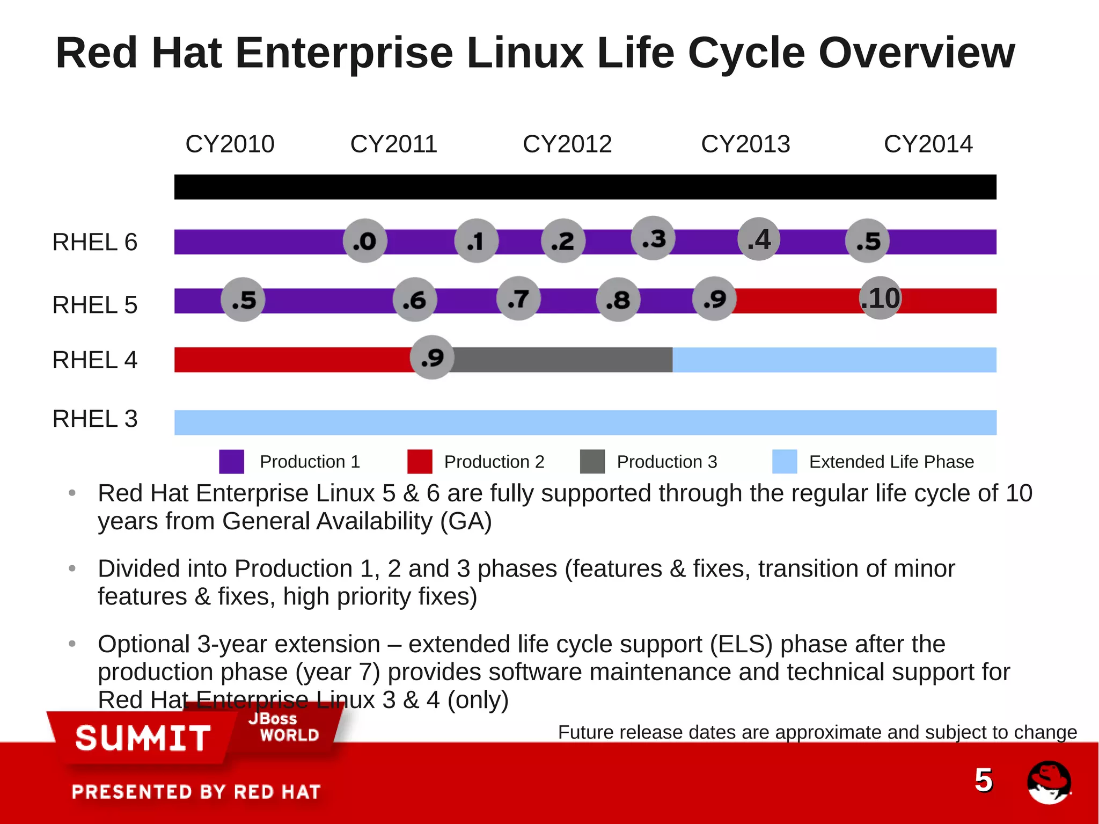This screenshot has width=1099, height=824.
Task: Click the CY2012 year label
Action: point(567,144)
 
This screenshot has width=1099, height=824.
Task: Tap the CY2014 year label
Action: point(928,144)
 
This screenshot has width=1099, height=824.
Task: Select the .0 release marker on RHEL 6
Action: point(365,241)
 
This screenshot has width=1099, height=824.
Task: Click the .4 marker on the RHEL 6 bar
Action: point(759,239)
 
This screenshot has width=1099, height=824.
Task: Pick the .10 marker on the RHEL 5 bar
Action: point(880,298)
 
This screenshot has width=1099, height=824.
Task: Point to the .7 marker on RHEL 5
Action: point(518,298)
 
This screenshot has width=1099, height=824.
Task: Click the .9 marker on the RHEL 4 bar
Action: point(432,358)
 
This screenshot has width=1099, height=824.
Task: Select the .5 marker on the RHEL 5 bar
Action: point(243,300)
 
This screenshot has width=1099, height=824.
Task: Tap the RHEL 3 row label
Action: point(95,419)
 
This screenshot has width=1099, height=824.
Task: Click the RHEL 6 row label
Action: point(95,242)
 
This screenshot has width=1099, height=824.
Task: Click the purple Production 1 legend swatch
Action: point(231,462)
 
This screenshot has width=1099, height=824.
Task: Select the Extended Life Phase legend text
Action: point(891,462)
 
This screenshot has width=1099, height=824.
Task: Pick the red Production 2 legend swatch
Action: point(420,462)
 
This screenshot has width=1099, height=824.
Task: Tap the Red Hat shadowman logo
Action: point(1049,782)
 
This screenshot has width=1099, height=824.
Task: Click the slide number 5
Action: point(983,780)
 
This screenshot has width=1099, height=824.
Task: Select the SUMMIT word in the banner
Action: point(143,739)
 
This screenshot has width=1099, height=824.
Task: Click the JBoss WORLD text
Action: point(284,727)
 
